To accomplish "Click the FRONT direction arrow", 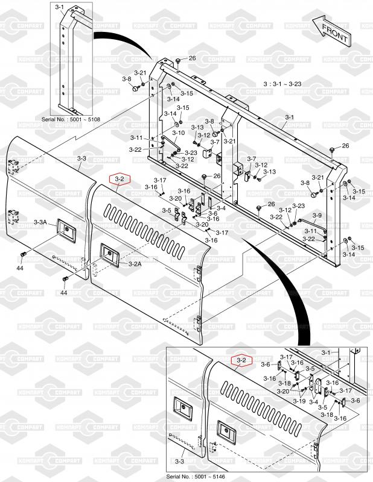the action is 331,31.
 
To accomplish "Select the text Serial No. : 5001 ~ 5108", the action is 71,119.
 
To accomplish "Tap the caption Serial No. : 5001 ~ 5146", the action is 196,477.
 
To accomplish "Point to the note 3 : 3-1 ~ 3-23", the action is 282,84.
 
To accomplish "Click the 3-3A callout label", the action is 40,222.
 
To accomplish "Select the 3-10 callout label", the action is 178,133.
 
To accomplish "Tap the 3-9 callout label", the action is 317,216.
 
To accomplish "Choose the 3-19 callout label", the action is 299,401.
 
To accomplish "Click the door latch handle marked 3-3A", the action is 66,230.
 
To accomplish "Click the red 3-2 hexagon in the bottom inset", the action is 241,360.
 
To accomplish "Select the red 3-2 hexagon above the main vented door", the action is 121,179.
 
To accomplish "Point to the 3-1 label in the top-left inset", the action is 59,7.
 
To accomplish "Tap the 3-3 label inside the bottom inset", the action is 180,462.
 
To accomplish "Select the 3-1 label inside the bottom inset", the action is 326,352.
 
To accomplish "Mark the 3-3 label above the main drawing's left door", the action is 81,158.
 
